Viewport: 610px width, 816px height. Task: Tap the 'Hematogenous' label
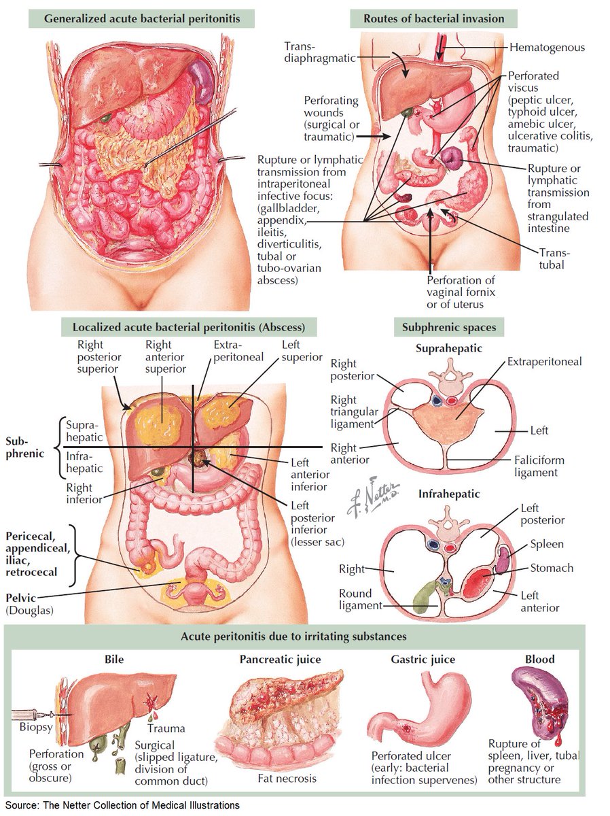547,48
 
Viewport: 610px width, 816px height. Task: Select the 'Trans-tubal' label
551,258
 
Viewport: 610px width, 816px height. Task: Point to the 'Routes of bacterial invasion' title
434,18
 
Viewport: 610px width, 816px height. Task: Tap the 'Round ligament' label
361,598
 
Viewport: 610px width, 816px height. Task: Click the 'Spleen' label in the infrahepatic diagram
547,544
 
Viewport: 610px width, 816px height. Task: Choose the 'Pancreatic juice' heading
280,659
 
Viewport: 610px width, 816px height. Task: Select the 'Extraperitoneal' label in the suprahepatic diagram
544,361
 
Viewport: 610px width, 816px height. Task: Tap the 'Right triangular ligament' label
352,412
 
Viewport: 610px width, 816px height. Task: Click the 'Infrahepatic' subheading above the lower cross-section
449,494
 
